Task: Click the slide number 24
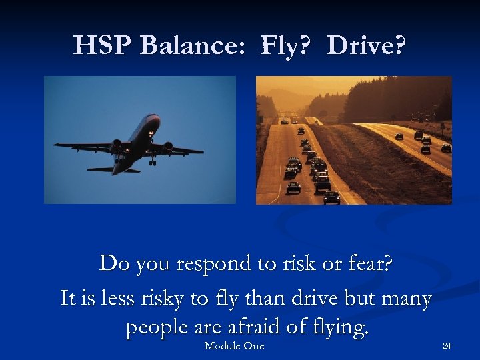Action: (446, 345)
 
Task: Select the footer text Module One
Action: (234, 345)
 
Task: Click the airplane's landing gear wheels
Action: (153, 160)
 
